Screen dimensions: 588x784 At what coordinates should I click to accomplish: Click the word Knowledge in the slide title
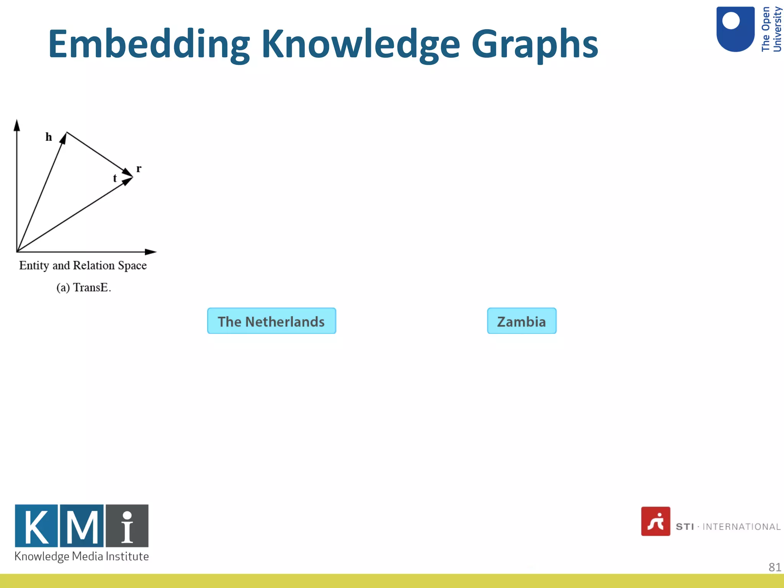click(360, 44)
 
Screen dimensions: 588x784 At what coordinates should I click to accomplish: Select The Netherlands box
click(271, 321)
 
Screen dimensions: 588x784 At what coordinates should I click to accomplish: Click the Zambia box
click(521, 321)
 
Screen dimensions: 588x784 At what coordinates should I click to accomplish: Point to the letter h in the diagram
click(49, 137)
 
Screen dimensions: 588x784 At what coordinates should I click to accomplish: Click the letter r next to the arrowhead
click(139, 168)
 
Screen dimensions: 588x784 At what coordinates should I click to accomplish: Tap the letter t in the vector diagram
click(114, 178)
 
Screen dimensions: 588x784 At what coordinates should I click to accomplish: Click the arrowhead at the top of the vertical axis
click(17, 125)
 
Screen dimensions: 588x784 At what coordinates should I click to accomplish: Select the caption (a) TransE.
click(83, 287)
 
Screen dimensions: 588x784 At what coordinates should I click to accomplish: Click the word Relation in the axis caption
click(94, 265)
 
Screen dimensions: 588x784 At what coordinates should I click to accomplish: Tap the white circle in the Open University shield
click(730, 21)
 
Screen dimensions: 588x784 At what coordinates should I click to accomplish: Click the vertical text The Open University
click(771, 29)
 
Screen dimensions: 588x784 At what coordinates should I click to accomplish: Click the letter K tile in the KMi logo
click(36, 526)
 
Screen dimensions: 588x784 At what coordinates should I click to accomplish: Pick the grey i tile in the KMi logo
click(127, 526)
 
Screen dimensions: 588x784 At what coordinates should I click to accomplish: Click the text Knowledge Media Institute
click(82, 556)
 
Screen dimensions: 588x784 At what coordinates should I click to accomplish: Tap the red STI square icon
click(655, 521)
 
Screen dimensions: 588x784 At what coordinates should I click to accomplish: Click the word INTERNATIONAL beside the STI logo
click(741, 527)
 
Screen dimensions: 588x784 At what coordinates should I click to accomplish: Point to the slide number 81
click(774, 567)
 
